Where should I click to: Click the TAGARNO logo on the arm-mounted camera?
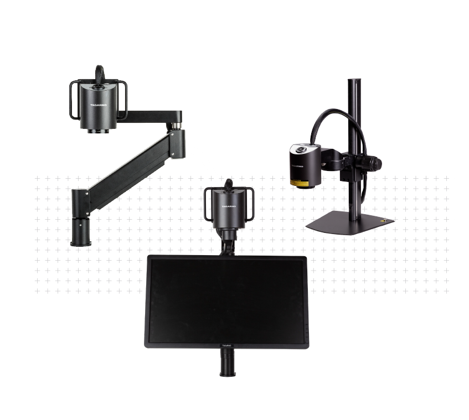click(100, 103)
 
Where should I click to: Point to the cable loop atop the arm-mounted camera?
click(99, 74)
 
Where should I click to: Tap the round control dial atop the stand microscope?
click(301, 149)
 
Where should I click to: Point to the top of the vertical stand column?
click(351, 83)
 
